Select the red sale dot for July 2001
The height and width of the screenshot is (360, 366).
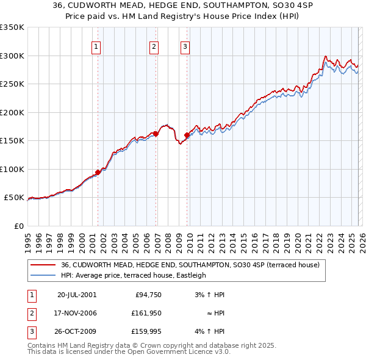(98, 172)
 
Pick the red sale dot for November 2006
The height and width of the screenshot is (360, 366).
(156, 134)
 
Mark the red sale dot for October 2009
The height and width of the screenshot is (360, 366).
(187, 135)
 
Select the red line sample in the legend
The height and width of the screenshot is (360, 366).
(43, 265)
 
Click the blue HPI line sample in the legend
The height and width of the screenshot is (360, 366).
(43, 275)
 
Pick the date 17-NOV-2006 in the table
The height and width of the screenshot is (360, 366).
(76, 313)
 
